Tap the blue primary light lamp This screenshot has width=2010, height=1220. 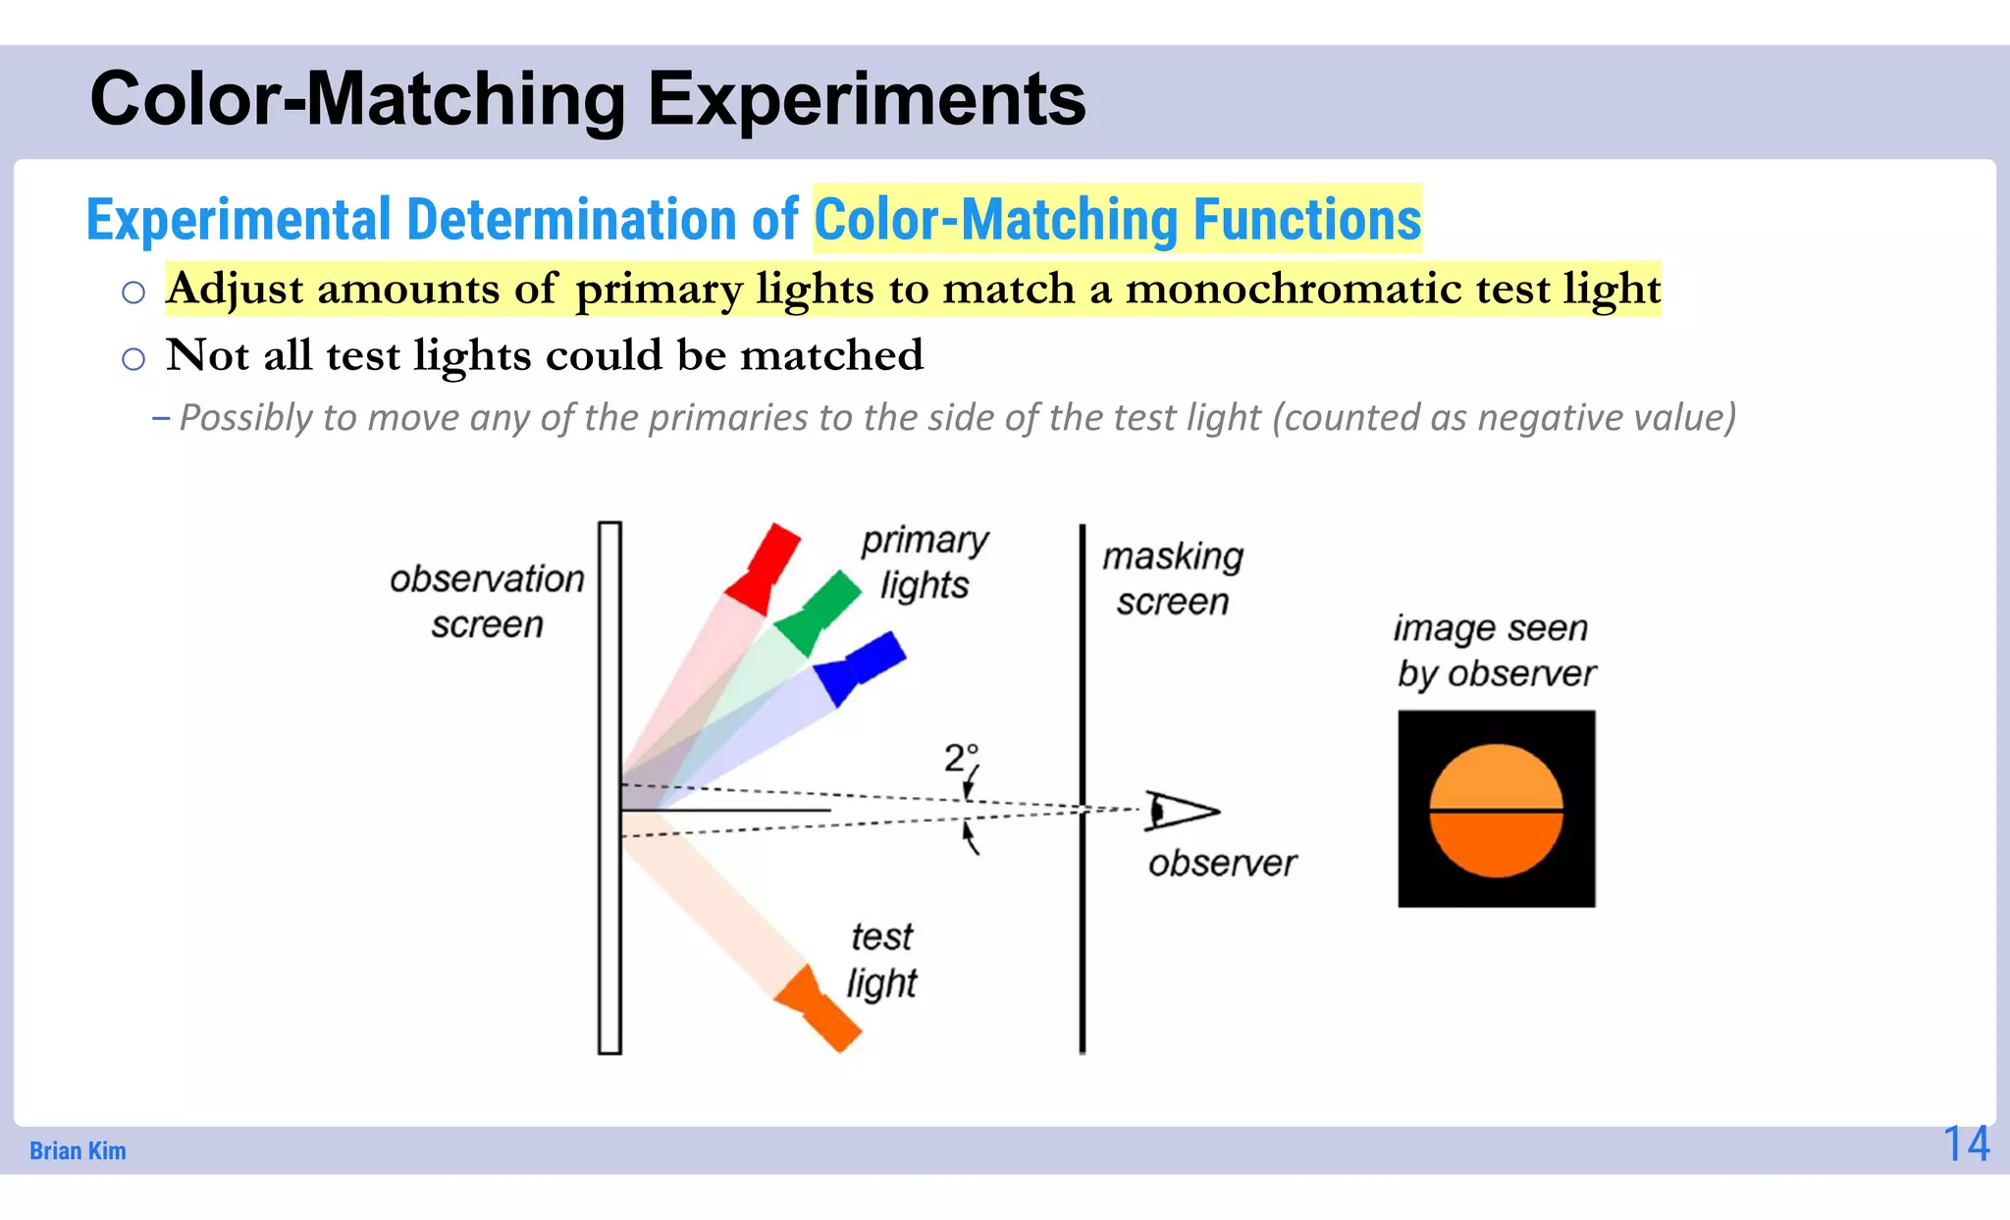pyautogui.click(x=860, y=667)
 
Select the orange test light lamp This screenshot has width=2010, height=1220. pyautogui.click(x=817, y=1009)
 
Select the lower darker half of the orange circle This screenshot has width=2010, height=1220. pyautogui.click(x=1496, y=844)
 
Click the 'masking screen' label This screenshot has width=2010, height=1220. pyautogui.click(x=1173, y=579)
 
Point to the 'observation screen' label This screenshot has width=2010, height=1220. pyautogui.click(x=487, y=601)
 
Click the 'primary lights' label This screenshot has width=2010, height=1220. pyautogui.click(x=924, y=561)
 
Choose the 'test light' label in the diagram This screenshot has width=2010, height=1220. pyautogui.click(x=881, y=959)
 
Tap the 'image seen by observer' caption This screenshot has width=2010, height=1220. pyautogui.click(x=1494, y=650)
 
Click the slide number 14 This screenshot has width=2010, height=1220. pyautogui.click(x=1966, y=1144)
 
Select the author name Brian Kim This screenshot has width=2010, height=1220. pyautogui.click(x=78, y=1150)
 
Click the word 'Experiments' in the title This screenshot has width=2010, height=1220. pyautogui.click(x=867, y=99)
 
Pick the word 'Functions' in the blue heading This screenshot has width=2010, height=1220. pyautogui.click(x=1306, y=219)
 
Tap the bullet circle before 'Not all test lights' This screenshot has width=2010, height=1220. pyautogui.click(x=133, y=359)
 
